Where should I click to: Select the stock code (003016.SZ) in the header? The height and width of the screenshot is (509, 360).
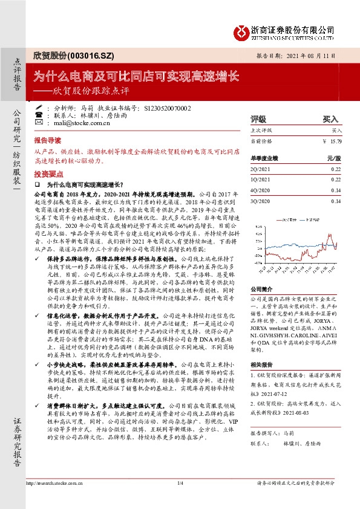[x=90, y=54]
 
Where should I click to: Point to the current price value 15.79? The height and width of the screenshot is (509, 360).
[x=336, y=141]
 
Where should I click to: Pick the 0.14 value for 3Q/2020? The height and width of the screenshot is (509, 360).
[x=336, y=201]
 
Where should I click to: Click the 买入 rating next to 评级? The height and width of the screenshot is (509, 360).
[x=330, y=119]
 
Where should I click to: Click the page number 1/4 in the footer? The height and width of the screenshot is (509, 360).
[x=180, y=500]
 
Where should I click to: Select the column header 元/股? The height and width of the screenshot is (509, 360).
[x=334, y=158]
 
